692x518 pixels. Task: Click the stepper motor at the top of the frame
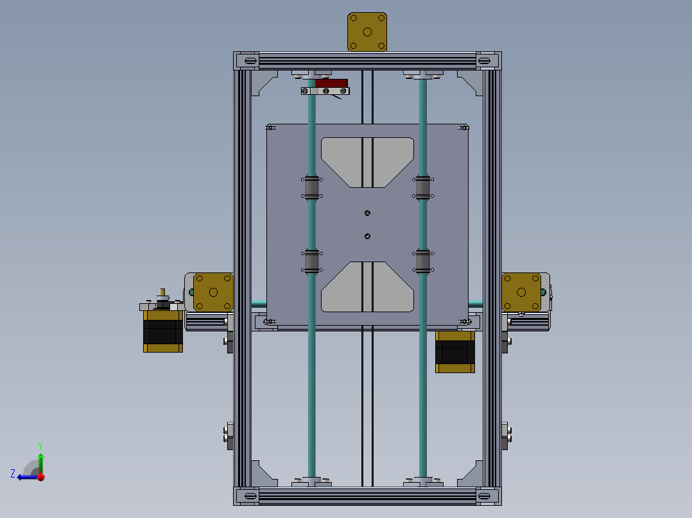pos(367,31)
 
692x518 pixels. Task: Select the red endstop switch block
pos(331,83)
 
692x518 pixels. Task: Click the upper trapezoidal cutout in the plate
pos(367,161)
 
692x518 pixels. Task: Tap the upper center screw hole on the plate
pos(367,213)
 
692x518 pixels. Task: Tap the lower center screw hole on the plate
pos(367,236)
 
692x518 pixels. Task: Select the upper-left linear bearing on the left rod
pos(312,187)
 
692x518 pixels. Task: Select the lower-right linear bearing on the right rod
pos(423,261)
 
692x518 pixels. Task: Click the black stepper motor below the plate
pos(455,353)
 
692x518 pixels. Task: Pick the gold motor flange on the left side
pos(213,292)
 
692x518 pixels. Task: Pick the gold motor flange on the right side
pos(521,292)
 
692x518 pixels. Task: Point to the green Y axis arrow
pos(40,460)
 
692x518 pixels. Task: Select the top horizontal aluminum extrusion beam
pos(367,61)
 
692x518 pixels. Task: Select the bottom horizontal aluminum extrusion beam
pos(367,496)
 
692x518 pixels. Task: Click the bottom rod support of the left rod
pos(312,481)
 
